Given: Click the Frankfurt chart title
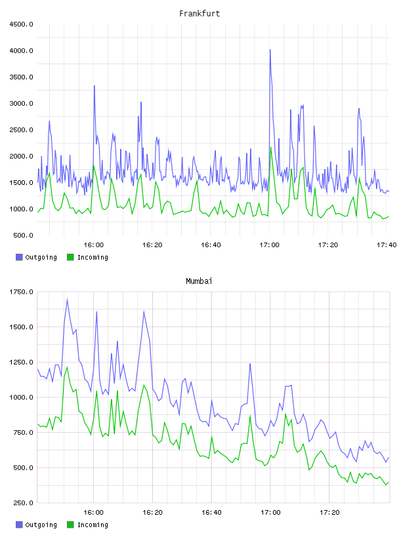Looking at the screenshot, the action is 199,13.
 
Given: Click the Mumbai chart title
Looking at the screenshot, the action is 199,281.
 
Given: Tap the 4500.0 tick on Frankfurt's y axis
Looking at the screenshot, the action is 22,24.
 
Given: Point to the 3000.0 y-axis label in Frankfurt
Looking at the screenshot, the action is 22,104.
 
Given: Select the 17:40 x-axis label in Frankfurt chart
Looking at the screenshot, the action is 387,245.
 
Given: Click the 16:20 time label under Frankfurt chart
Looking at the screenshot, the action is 152,245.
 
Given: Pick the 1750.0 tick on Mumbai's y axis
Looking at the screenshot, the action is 22,292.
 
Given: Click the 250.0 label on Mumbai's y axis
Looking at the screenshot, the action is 23,503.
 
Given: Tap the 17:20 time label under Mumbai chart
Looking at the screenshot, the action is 329,512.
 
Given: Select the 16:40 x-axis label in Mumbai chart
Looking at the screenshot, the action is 211,512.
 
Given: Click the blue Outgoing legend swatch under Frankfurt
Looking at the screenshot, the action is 19,257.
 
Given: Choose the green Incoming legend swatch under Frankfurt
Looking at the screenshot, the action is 70,257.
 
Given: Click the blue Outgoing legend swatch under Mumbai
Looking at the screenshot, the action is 19,525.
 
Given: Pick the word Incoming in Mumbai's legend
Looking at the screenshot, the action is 93,525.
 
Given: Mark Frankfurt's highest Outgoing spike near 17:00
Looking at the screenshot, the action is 270,50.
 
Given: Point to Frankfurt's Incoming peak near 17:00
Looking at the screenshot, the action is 271,148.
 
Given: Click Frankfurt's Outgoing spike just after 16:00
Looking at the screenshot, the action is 94,86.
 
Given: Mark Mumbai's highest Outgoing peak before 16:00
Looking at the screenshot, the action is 67,300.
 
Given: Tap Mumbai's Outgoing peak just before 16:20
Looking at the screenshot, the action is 144,311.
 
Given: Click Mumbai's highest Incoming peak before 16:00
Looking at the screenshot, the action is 68,367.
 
